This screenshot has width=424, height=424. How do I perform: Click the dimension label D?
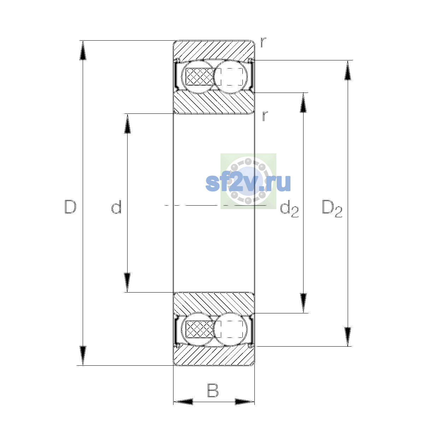pyautogui.click(x=70, y=207)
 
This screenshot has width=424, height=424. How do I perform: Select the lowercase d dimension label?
pyautogui.click(x=116, y=207)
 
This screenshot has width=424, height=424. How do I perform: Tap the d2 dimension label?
pyautogui.click(x=289, y=210)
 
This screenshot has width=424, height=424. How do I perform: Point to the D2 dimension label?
pyautogui.click(x=332, y=208)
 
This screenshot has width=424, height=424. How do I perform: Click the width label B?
pyautogui.click(x=213, y=390)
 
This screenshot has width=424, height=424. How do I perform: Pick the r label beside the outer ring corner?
pyautogui.click(x=263, y=42)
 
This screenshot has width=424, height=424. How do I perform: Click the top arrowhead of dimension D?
pyautogui.click(x=83, y=51)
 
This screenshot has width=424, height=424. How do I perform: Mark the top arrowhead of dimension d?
pyautogui.click(x=128, y=124)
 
